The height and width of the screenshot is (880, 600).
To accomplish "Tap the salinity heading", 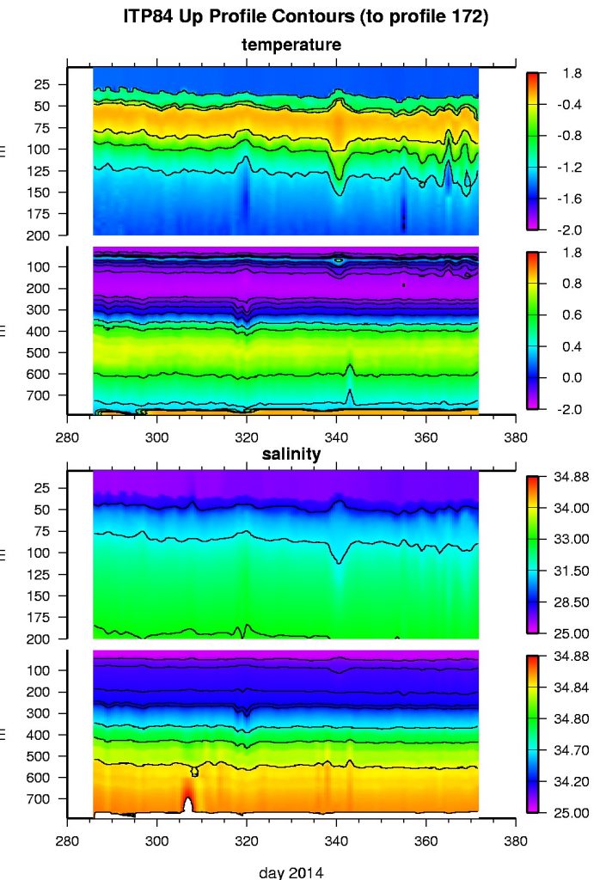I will (x=291, y=455).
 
